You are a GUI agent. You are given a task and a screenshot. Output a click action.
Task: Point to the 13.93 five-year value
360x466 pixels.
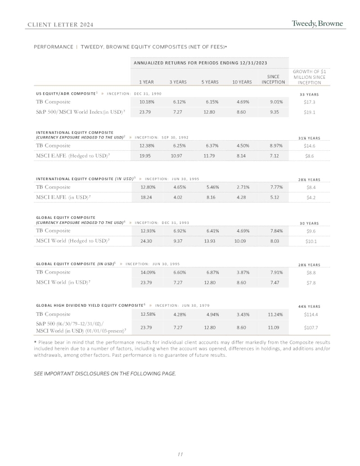coord(210,241)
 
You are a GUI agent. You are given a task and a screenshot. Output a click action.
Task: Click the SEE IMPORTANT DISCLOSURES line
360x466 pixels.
coord(105,373)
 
